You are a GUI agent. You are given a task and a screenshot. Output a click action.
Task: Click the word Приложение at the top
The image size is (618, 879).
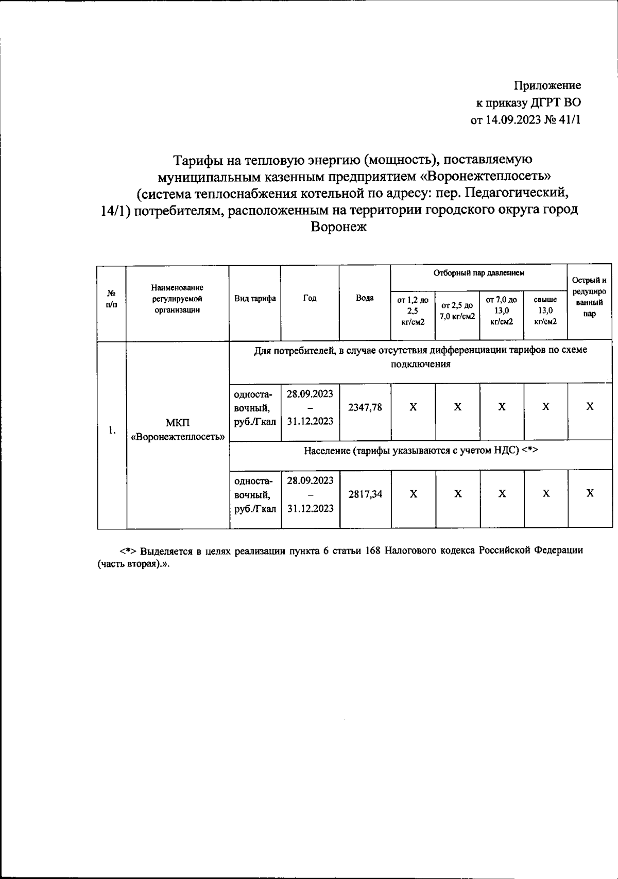point(548,85)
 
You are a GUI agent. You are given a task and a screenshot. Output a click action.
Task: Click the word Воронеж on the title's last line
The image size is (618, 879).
point(338,227)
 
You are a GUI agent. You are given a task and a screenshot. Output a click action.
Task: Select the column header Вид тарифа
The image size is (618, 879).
point(255,299)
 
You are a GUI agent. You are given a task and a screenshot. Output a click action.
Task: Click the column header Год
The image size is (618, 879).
point(310,298)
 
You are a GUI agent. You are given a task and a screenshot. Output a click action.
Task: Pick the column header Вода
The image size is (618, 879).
point(365,298)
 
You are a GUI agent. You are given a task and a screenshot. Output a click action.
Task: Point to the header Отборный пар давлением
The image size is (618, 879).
point(478,273)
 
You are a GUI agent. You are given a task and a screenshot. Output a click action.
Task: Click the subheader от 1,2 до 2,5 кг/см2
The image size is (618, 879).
point(413,311)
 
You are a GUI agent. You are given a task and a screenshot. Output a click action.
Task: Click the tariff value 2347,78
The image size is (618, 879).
point(365,407)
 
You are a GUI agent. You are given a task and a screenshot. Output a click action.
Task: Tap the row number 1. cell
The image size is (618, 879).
point(112,430)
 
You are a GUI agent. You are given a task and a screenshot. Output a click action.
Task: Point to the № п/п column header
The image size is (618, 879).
point(111,299)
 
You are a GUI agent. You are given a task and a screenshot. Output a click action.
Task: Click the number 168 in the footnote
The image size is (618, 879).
point(372,550)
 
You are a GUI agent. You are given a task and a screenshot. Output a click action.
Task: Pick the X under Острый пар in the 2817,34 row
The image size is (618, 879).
point(590,494)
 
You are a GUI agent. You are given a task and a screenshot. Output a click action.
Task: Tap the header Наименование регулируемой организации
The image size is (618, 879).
point(177,299)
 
